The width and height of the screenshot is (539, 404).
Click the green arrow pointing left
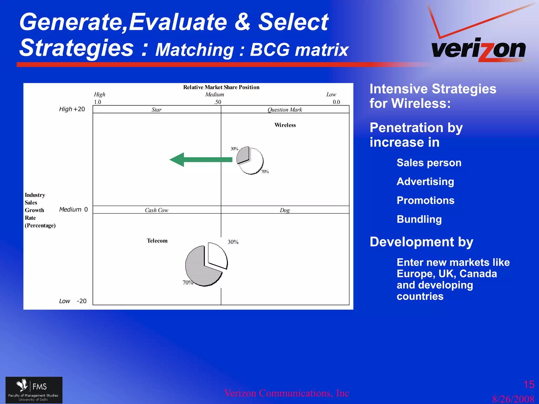coord(200,160)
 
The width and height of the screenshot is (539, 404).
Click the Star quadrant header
coord(156,110)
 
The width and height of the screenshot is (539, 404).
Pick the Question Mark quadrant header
coord(285,110)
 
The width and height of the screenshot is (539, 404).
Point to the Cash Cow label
coord(156,210)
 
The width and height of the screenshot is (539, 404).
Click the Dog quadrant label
coord(285,210)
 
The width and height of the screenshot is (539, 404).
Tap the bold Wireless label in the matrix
coord(285,125)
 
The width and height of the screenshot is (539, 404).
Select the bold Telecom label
coord(157,241)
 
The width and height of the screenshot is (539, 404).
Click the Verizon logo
coord(478,49)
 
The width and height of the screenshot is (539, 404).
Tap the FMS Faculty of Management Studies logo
coord(34,390)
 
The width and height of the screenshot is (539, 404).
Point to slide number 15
coord(528,385)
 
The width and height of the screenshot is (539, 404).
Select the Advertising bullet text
coord(425,181)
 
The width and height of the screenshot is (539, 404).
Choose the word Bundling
coord(419,219)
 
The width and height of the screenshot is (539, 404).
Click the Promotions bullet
coord(426,200)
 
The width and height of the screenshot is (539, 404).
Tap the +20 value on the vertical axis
coord(79,109)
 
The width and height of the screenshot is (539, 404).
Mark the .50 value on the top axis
coord(218,102)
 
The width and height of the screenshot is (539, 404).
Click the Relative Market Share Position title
coord(221,87)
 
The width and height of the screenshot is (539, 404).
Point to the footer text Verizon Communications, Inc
coord(286,393)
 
